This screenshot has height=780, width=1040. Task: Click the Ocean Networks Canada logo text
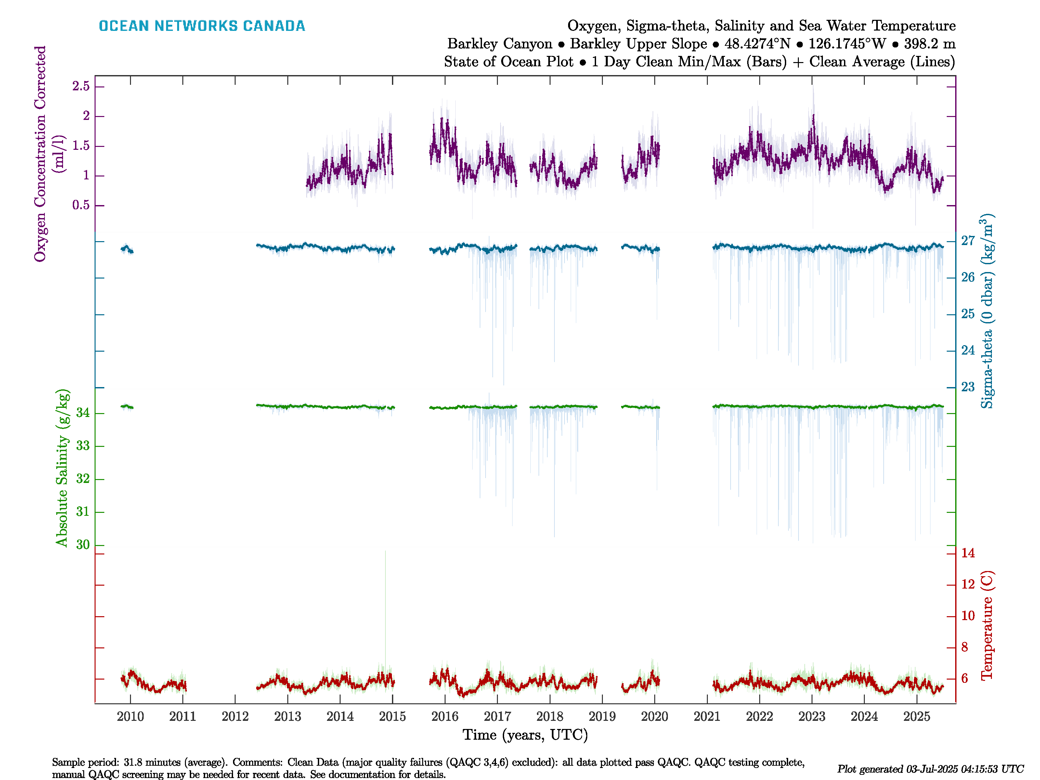tap(202, 26)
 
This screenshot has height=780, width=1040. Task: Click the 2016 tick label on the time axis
tap(445, 717)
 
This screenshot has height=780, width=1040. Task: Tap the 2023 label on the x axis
tap(812, 717)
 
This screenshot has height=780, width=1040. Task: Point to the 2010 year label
tap(130, 717)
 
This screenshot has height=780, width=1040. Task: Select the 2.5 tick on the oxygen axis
tap(81, 86)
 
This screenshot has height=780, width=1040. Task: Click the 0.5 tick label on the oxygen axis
tap(81, 205)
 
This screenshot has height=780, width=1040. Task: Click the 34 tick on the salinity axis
tap(83, 413)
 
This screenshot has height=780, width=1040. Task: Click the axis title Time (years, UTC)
tap(525, 735)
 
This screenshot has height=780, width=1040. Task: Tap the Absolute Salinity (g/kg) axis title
tap(62, 468)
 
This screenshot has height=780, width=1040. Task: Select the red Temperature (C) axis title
tap(987, 625)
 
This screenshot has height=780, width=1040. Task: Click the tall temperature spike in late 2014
tap(385, 611)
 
